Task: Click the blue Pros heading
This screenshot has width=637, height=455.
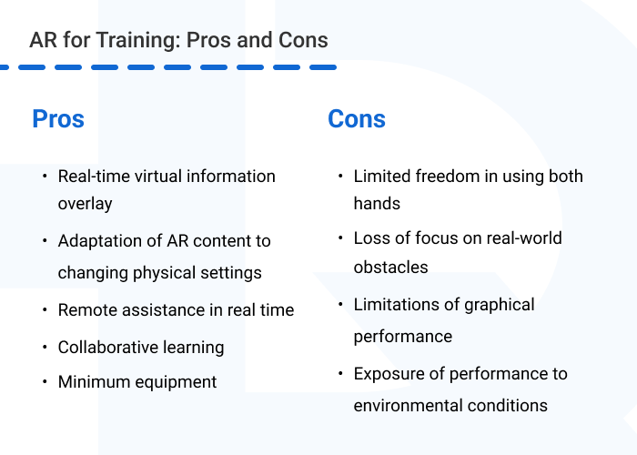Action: [x=58, y=118]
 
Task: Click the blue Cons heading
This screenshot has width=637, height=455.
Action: [x=357, y=118]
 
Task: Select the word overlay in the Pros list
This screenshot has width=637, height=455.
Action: [x=85, y=203]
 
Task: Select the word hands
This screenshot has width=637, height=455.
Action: [x=377, y=203]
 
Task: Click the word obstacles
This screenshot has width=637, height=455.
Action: [x=390, y=268]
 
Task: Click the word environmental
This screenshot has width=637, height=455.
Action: [x=412, y=405]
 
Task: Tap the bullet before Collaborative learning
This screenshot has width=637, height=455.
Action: [x=45, y=347]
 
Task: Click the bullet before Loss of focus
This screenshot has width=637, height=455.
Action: [x=340, y=238]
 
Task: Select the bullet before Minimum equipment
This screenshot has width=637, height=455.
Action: [x=45, y=381]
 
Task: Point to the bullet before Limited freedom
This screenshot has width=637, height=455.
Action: [x=340, y=176]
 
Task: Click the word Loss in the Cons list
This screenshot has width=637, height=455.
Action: [x=370, y=238]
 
